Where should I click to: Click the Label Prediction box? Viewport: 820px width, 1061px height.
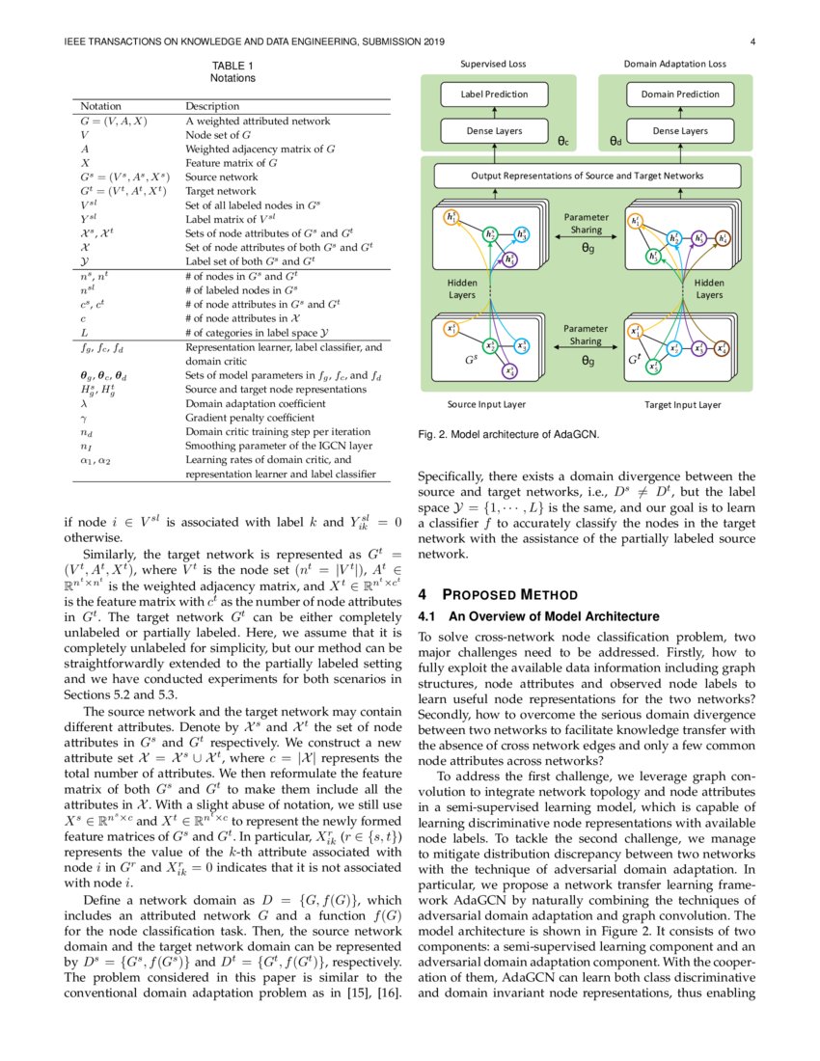(494, 94)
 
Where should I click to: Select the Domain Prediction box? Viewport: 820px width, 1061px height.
(680, 94)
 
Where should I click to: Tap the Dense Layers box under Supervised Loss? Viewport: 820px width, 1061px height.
(494, 130)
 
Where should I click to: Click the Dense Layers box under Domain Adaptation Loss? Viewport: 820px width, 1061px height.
(680, 130)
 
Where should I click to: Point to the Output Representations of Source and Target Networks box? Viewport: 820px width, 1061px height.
(587, 176)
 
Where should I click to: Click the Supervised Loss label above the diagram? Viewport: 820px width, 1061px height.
(494, 64)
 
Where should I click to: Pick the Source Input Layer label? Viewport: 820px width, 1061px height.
(487, 404)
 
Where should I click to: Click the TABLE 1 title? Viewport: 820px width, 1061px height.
(232, 66)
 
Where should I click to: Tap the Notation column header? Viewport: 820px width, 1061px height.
(101, 106)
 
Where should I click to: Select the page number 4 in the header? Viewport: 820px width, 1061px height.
(751, 41)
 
